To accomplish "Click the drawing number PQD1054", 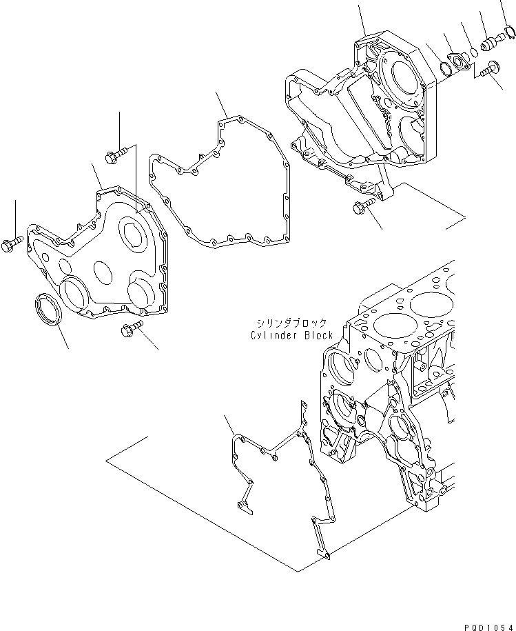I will click(486, 623).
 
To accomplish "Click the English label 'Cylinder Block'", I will click(292, 335).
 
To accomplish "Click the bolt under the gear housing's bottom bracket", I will click(362, 204).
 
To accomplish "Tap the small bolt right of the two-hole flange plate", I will click(491, 69).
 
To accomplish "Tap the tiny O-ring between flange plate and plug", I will click(473, 52).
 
